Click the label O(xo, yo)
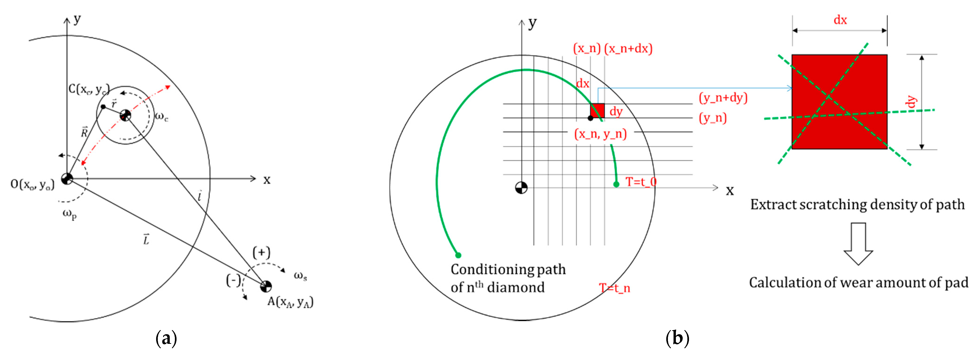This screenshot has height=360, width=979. pos(32,184)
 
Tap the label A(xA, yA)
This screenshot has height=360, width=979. pos(290,302)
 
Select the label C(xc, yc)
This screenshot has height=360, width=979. pos(89,89)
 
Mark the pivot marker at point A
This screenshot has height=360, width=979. pos(266,286)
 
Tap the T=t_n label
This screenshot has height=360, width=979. pos(614,288)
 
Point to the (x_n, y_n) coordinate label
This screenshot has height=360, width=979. pos(600,134)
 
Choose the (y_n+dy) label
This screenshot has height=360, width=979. pos(723,98)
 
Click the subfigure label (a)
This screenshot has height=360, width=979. pos(166,338)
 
